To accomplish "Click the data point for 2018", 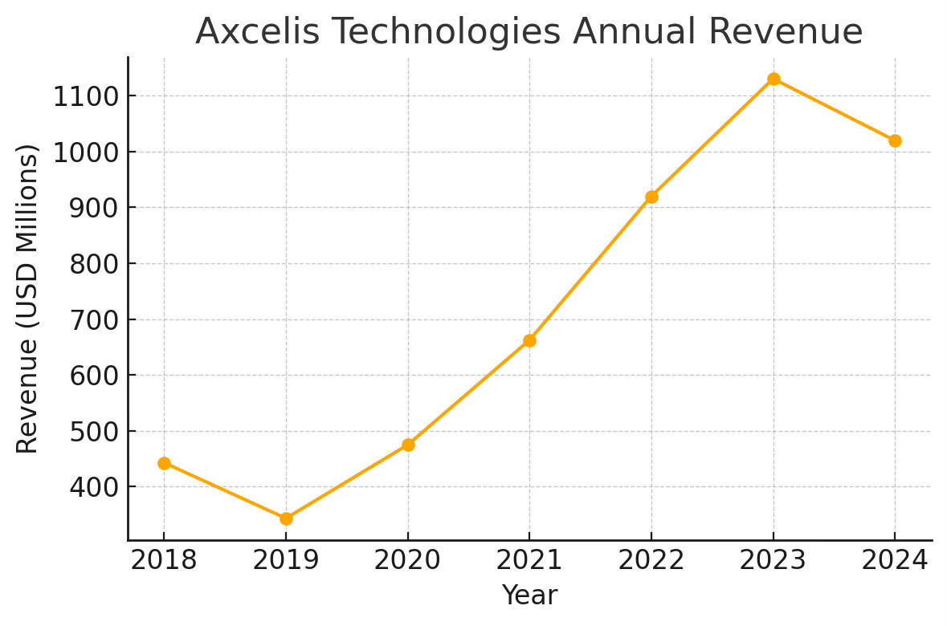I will pos(164,463).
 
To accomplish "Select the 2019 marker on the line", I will pos(286,518).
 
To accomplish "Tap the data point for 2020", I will pos(408,445).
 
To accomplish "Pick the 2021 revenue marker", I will pos(529,340).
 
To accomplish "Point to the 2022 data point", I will pos(651,197).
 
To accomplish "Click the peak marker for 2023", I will pos(774,79).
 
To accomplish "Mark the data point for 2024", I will pos(895,140).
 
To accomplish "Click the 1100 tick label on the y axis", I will pos(86,97).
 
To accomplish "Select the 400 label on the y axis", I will pos(94,488).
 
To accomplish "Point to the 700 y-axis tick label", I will pos(94,320).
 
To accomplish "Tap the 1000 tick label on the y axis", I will pos(86,152).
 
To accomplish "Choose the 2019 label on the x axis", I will pos(286,560).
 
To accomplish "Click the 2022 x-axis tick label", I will pos(651,560).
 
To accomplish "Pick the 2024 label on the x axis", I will pos(895,560).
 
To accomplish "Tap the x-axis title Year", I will pos(529,596).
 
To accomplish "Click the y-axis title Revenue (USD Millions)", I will pos(28,299).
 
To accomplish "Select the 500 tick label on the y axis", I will pos(94,432).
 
